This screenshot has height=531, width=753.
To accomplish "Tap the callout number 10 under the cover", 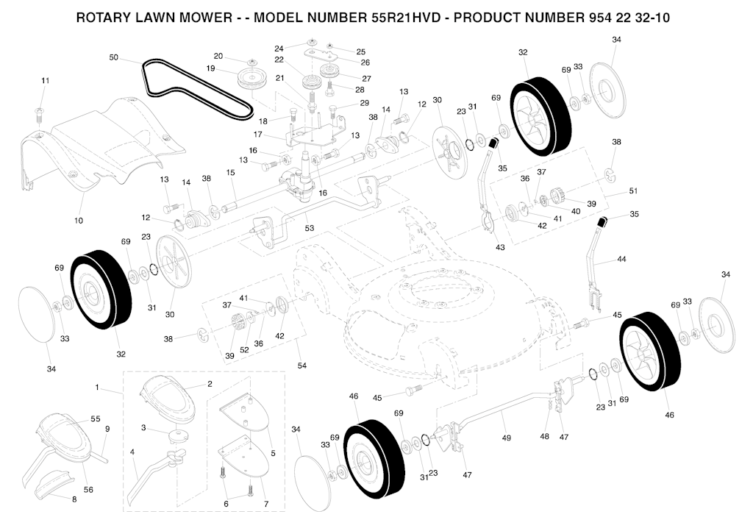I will point(79,221).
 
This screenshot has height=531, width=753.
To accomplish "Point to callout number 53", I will point(310,229).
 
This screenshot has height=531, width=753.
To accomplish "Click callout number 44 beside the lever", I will point(621,260).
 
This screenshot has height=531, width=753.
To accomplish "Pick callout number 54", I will point(303,366).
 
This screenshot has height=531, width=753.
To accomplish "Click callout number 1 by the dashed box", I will point(96,387).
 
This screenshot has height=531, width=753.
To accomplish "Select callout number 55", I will point(96,418).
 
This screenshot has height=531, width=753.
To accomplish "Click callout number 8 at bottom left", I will point(74,499).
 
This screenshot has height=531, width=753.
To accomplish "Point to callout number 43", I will point(500,247).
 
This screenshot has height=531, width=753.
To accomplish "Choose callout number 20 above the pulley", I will point(218,56).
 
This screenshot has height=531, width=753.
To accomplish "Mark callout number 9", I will point(107,429).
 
